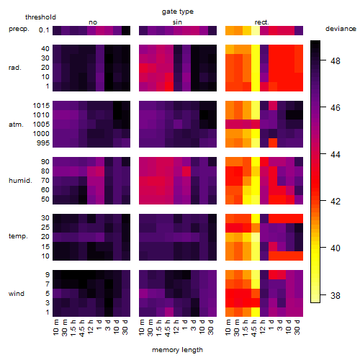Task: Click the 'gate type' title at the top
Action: (x=178, y=12)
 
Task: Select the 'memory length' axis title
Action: (x=177, y=350)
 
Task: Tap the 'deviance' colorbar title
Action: (x=341, y=29)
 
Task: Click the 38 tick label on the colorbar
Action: (x=336, y=295)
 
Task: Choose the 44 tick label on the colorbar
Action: (x=336, y=154)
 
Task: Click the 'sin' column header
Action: (x=177, y=22)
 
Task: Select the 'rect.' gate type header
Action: (x=262, y=22)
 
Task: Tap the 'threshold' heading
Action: (x=40, y=17)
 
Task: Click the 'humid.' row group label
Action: (x=20, y=181)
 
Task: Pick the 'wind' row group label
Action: (x=17, y=294)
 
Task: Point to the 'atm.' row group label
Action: (x=16, y=125)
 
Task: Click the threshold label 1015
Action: (x=41, y=106)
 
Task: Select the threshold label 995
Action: (x=43, y=143)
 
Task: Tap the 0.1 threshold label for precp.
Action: (x=44, y=30)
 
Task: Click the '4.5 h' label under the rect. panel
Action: (x=254, y=328)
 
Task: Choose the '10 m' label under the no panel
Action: (x=55, y=328)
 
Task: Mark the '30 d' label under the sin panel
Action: (x=211, y=328)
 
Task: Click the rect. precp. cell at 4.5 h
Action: (x=256, y=30)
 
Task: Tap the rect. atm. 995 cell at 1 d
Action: (x=273, y=143)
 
